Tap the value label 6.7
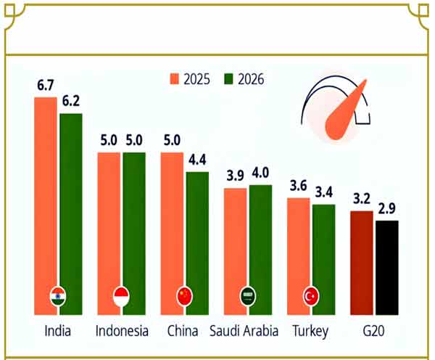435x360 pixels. pyautogui.click(x=46, y=86)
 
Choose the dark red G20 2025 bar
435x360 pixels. pyautogui.click(x=362, y=261)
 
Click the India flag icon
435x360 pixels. pyautogui.click(x=58, y=296)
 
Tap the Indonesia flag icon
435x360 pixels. pyautogui.click(x=122, y=296)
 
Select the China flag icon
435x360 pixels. pyautogui.click(x=185, y=296)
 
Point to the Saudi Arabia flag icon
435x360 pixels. pyautogui.click(x=248, y=296)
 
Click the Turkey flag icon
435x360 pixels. pyautogui.click(x=311, y=296)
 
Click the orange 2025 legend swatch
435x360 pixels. pyautogui.click(x=175, y=78)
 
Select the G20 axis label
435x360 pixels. pyautogui.click(x=374, y=332)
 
